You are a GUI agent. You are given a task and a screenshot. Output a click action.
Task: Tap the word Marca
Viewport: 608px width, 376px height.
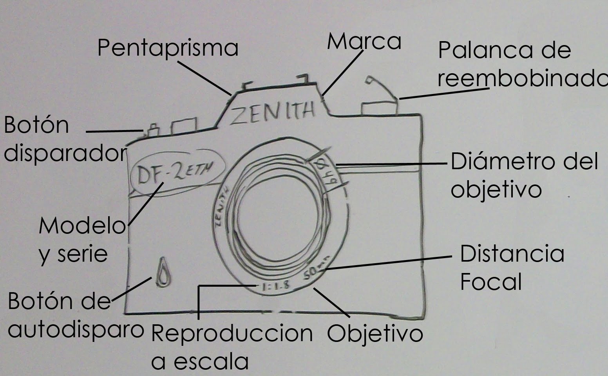pos(364,42)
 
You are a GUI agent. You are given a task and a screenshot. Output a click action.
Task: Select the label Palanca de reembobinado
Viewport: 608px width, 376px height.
pos(521,65)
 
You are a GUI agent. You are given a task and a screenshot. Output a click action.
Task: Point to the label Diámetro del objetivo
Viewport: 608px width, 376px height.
pos(524,175)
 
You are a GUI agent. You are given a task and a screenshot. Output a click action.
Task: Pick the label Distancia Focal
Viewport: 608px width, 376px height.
pos(511,268)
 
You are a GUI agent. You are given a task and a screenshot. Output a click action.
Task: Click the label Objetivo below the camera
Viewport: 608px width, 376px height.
pos(375,334)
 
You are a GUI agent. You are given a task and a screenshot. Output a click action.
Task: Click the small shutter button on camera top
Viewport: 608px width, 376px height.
pos(153,130)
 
